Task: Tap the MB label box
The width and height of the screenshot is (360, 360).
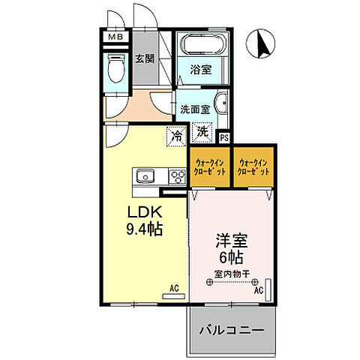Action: (x=115, y=37)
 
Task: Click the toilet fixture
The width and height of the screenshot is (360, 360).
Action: (x=116, y=71)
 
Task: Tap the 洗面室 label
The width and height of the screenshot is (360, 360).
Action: (x=193, y=109)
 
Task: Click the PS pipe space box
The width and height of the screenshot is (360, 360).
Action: (x=223, y=137)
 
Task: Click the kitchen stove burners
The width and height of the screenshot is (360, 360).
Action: (x=177, y=177)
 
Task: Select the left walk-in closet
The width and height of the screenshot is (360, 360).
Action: (x=208, y=166)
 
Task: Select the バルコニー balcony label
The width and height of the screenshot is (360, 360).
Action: (x=231, y=329)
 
